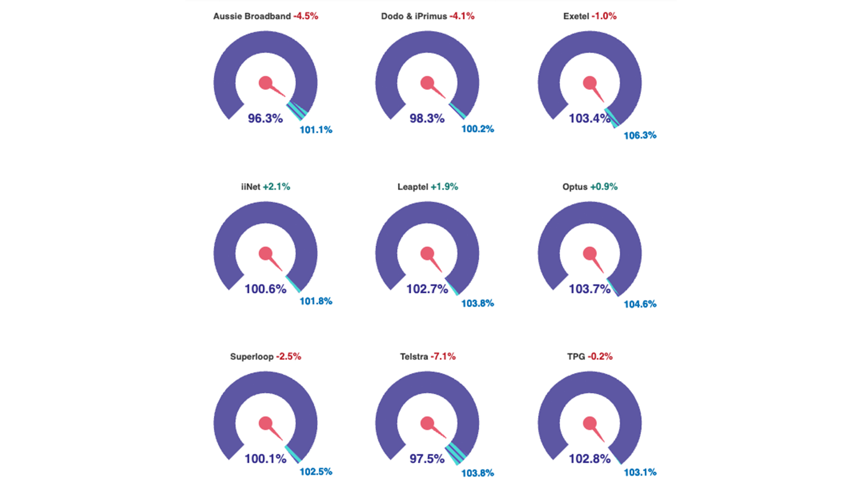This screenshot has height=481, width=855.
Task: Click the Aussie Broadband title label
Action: click(x=252, y=16)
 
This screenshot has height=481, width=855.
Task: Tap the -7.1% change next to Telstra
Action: click(x=443, y=357)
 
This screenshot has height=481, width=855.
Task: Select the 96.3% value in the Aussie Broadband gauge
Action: click(x=265, y=118)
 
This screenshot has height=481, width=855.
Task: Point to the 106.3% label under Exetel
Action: click(x=640, y=135)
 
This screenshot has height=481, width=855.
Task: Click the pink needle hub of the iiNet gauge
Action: click(x=265, y=254)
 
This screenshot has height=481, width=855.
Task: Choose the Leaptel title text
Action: click(x=413, y=187)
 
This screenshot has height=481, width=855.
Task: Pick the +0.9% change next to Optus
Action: click(x=603, y=187)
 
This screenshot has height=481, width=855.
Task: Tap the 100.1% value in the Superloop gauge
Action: click(x=265, y=459)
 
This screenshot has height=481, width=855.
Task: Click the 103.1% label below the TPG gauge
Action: click(x=640, y=472)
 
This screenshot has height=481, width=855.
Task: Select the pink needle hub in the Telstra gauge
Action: click(x=427, y=424)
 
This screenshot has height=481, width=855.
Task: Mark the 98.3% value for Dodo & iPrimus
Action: click(x=427, y=118)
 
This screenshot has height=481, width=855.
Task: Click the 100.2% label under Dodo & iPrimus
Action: click(x=477, y=129)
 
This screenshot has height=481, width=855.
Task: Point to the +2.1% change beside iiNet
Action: click(x=276, y=187)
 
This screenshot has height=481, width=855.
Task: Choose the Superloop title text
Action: click(x=252, y=357)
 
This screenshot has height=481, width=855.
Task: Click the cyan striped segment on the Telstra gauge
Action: click(x=456, y=453)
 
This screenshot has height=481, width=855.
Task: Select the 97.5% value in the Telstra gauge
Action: click(x=427, y=459)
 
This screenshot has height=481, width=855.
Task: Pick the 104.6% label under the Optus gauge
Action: click(x=640, y=304)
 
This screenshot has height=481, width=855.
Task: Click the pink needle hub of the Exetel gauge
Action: click(x=590, y=83)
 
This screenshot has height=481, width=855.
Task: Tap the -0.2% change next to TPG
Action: click(x=600, y=357)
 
